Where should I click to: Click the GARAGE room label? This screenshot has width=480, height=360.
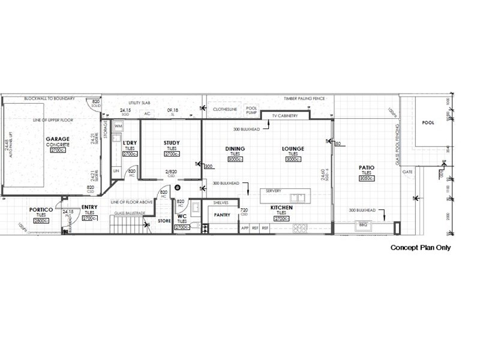58,139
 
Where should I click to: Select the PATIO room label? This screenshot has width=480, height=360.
367,167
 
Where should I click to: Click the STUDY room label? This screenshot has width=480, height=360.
172,143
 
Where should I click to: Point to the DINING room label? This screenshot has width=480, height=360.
235,149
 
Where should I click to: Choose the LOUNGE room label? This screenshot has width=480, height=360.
293,149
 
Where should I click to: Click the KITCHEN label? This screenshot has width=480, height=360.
281,207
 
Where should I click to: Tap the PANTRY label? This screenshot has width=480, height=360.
223,214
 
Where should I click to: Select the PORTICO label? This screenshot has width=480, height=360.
41,209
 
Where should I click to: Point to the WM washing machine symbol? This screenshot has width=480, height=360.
118,126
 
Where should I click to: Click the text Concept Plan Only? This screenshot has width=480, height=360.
420,247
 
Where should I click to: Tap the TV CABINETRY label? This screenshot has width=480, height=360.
284,115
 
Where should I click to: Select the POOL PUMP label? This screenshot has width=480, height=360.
251,110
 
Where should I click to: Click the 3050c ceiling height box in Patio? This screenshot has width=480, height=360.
367,178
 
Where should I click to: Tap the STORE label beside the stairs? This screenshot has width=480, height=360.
164,221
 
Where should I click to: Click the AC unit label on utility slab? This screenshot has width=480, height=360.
147,113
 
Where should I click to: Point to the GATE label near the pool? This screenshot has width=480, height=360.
408,172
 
